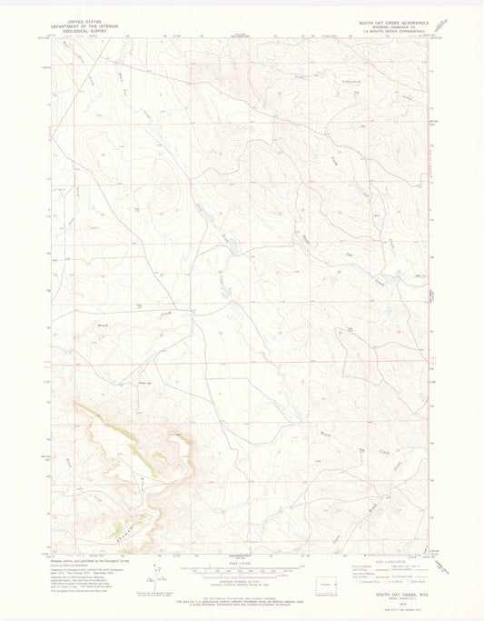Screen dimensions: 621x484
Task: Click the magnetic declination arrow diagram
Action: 159,568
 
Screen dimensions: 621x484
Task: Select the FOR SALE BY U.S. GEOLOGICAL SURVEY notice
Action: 242,588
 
